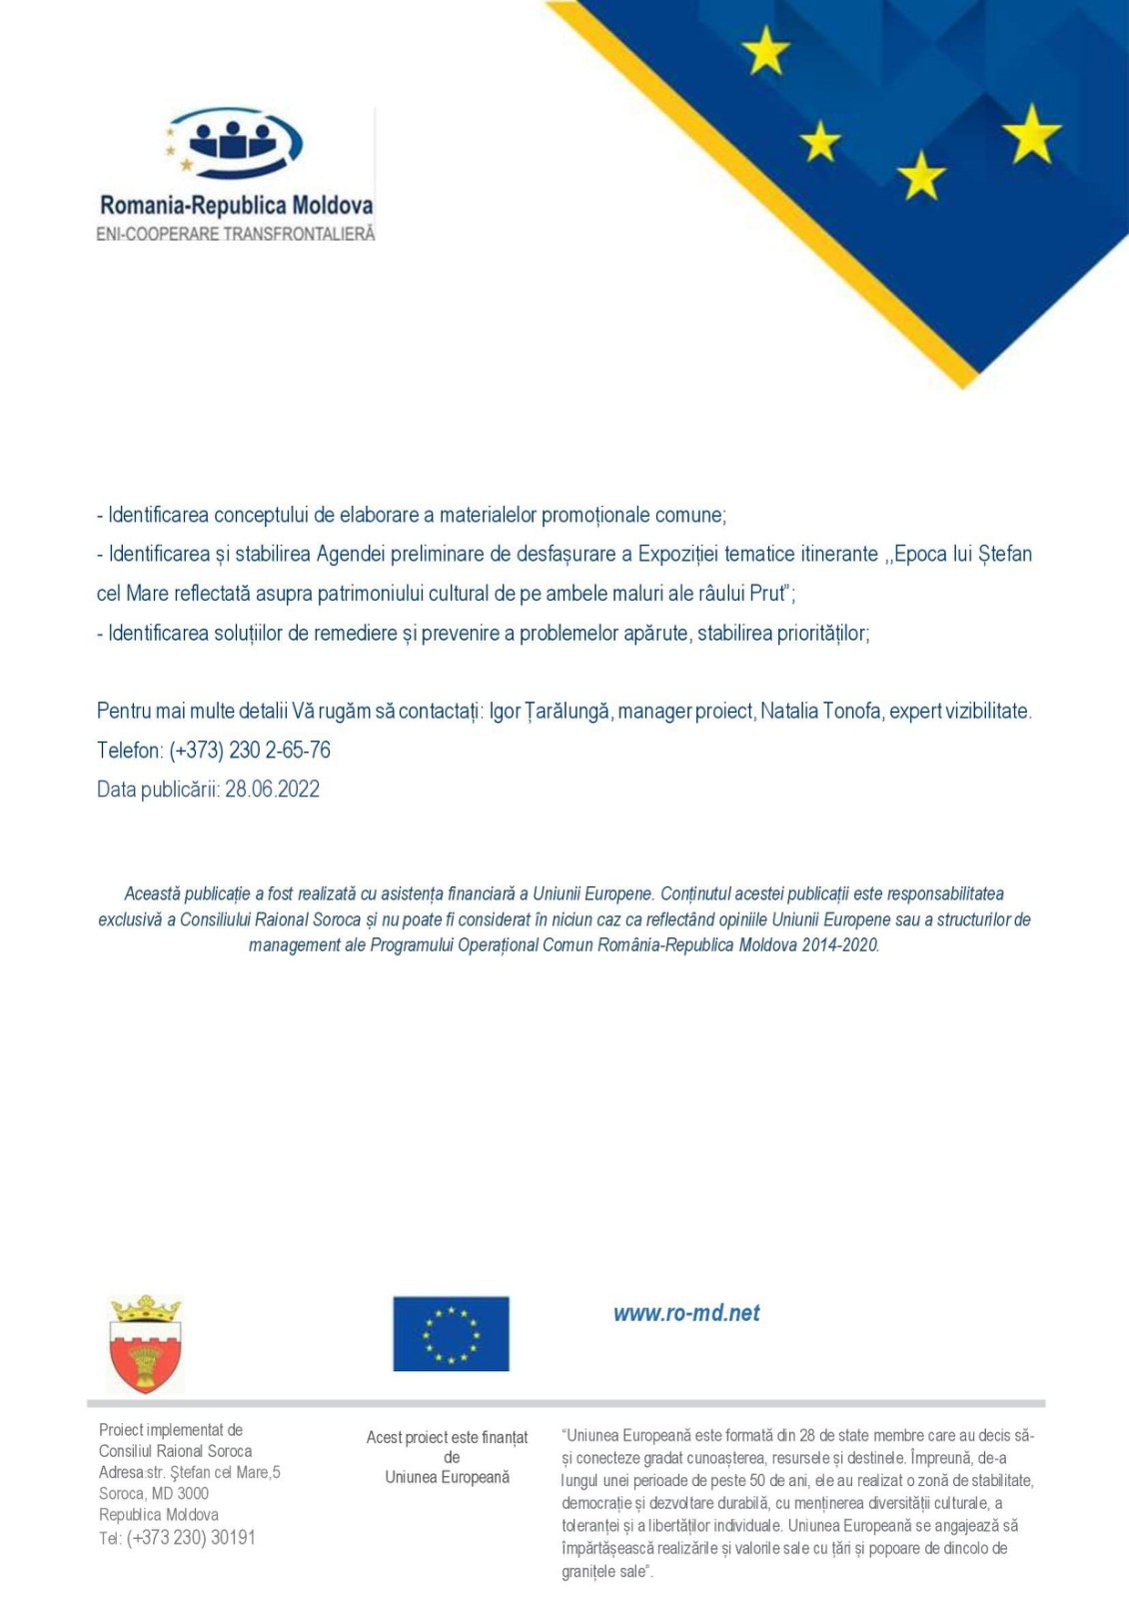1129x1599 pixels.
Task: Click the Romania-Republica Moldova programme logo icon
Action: pos(236,143)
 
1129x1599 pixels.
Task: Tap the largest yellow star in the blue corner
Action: pos(1031,134)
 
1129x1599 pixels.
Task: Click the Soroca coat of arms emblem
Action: pos(146,1343)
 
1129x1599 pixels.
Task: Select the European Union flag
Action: pos(451,1333)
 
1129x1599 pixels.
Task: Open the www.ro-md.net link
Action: pos(686,1313)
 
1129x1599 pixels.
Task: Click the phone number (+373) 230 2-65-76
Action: pos(250,751)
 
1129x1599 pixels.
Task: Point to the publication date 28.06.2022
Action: pos(272,790)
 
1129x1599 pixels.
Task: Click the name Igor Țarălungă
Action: pos(550,712)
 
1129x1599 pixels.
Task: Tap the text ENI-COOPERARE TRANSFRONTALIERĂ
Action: pos(236,234)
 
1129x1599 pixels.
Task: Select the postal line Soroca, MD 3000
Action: pos(154,1493)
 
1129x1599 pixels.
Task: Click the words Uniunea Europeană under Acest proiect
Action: pos(447,1477)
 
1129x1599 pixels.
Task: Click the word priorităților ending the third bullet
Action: pos(822,634)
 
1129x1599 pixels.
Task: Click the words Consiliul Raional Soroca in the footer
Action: pos(175,1451)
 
